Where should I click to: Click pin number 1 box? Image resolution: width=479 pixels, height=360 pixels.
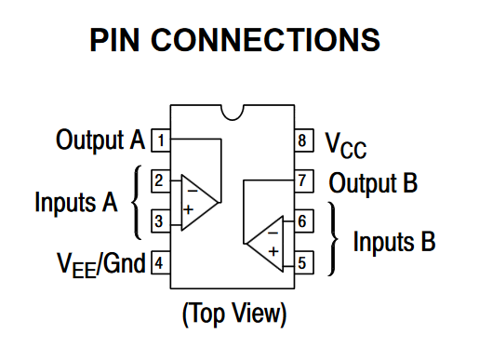click(x=161, y=140)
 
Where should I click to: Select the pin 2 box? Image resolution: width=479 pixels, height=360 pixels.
click(x=161, y=181)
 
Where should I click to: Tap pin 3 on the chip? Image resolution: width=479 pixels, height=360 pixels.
click(x=161, y=221)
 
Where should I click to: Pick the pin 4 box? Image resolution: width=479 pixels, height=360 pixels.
click(x=161, y=262)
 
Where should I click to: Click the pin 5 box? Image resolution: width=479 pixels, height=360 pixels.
click(x=304, y=262)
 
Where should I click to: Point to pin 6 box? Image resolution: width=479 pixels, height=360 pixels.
click(x=304, y=221)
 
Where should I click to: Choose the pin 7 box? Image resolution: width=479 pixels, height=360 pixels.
click(x=304, y=181)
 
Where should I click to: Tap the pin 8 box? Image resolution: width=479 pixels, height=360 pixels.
click(x=304, y=140)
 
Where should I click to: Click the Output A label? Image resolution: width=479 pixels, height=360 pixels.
click(x=100, y=140)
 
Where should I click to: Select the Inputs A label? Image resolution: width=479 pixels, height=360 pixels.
click(x=76, y=202)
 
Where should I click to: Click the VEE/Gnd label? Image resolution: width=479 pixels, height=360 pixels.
click(x=100, y=264)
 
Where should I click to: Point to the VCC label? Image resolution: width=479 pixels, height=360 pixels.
click(x=345, y=145)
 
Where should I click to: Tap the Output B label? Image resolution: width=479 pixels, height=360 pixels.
click(x=373, y=183)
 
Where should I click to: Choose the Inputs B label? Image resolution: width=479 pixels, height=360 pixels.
click(x=394, y=241)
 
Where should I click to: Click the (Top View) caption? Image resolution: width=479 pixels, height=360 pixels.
click(x=234, y=313)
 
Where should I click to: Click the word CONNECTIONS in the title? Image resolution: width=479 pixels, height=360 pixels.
click(x=265, y=40)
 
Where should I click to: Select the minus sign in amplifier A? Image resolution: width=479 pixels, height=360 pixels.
click(x=193, y=191)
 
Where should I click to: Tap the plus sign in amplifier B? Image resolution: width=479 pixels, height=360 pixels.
click(x=273, y=251)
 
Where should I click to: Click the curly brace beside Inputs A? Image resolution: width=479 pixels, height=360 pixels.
click(x=136, y=202)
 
